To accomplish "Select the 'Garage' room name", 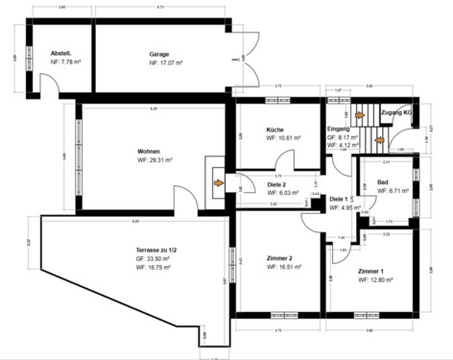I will (159, 54).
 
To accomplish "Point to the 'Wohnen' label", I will (149, 152).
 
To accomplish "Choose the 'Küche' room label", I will (274, 129).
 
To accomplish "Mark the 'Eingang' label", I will (339, 129).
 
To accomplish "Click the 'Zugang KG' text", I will (397, 112).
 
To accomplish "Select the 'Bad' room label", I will (383, 181).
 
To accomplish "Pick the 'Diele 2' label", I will (277, 184).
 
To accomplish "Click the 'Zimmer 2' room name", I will (278, 259).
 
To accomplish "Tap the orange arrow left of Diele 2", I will (219, 180).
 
